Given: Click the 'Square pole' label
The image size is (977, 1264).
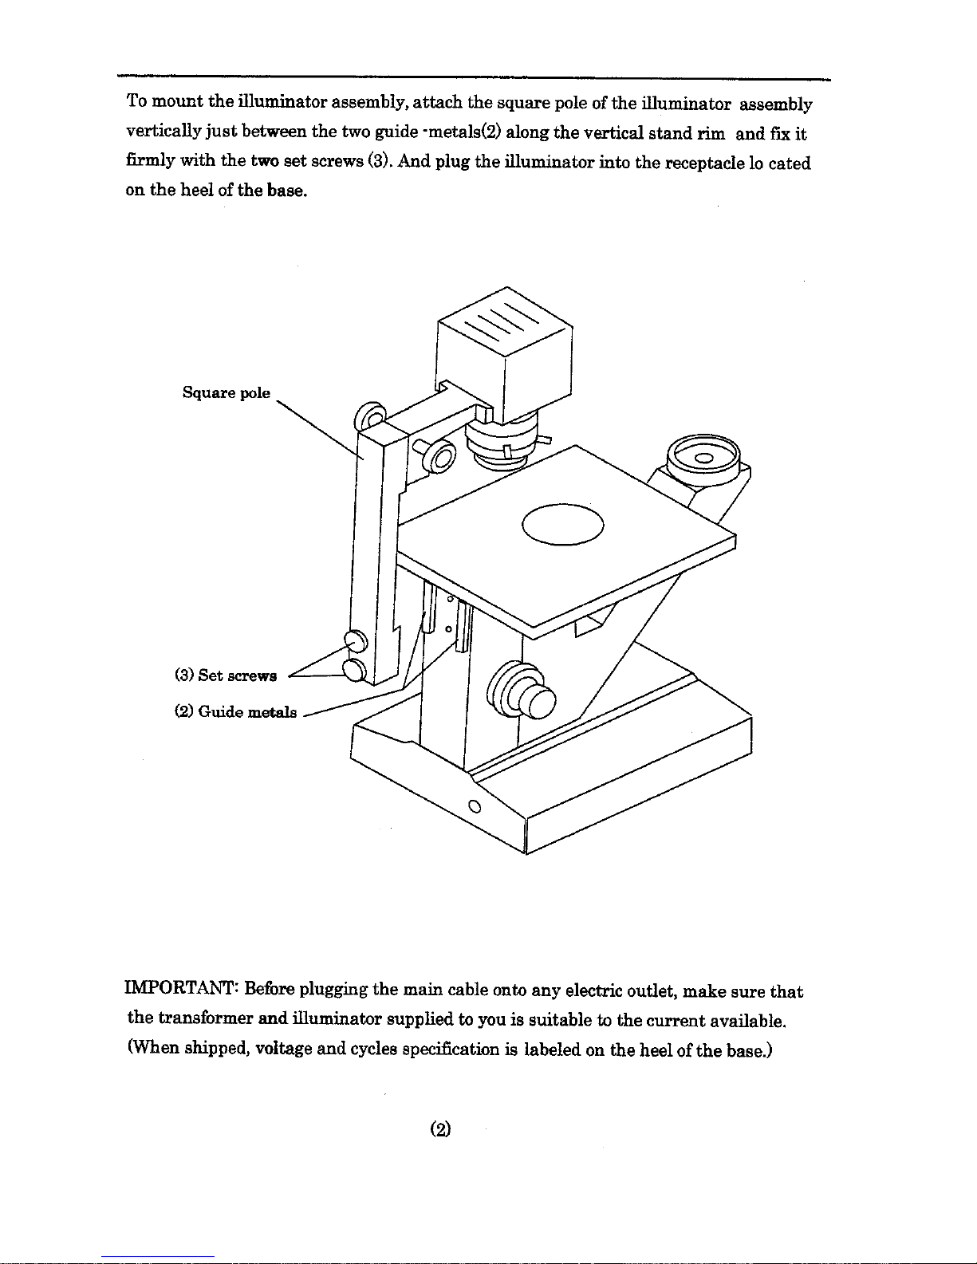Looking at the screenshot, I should (226, 393).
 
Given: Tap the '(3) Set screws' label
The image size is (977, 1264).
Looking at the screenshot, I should (225, 675).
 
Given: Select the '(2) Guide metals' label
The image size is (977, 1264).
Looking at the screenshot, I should (235, 711).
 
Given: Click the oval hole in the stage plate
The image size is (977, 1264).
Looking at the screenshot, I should (563, 524).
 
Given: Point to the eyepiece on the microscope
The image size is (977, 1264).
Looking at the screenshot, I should (704, 457).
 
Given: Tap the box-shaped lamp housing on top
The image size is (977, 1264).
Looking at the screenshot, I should (504, 347).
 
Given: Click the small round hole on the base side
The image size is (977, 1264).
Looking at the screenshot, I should (474, 805).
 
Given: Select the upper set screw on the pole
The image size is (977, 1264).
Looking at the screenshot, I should (354, 640).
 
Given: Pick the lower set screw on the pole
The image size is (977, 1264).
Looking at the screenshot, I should (354, 668).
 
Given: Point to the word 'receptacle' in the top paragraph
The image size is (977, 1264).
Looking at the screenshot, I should (704, 163).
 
